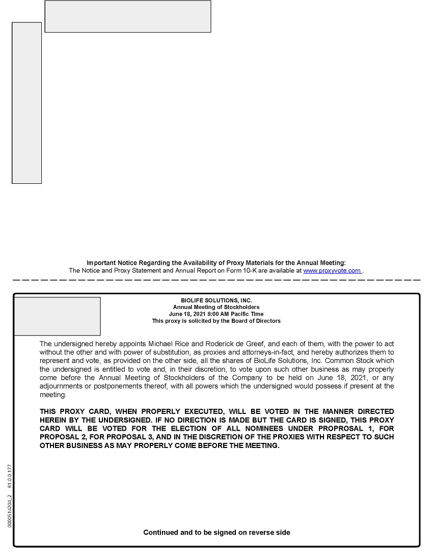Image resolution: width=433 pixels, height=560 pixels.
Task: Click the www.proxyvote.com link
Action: coord(332,271)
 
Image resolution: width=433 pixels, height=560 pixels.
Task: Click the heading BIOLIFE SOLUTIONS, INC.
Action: coord(216,301)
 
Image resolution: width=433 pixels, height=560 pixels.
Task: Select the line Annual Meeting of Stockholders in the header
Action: coord(216,307)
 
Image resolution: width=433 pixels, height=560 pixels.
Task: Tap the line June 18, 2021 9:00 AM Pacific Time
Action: coord(216,314)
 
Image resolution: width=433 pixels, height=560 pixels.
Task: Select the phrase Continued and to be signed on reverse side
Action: coord(216,533)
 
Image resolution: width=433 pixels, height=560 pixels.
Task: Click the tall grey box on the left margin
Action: coord(26,103)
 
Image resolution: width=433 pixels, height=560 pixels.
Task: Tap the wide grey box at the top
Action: coord(128,16)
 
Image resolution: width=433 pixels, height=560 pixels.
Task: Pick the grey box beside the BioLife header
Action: coord(57,316)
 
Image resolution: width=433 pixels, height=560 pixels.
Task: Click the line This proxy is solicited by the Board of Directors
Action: coord(216,321)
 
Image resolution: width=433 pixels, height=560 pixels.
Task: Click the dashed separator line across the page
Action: coord(216,280)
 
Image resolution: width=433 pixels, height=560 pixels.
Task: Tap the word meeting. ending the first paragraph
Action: coord(53,395)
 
